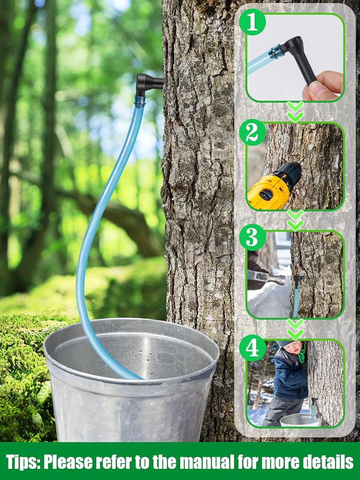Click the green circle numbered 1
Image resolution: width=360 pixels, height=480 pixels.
tap(252, 22)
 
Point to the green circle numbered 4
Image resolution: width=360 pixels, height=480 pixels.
tap(252, 348)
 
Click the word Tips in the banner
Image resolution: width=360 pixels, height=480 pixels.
tap(23, 462)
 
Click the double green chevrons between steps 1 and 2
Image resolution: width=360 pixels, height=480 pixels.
tap(295, 112)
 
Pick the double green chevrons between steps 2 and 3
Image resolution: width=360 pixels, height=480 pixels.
tap(295, 220)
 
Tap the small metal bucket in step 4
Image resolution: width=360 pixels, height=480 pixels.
tap(300, 420)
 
